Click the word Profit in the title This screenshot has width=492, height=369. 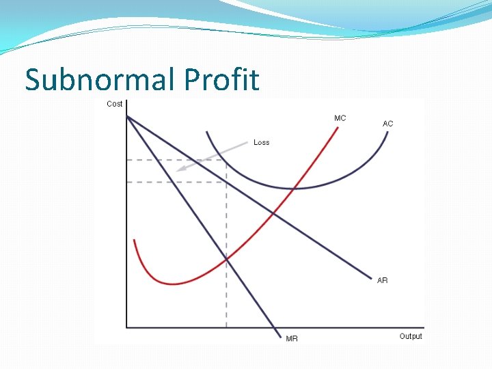point(221,80)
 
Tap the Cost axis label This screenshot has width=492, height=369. point(115,104)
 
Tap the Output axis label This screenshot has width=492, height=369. point(411,336)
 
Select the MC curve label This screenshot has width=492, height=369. point(340,118)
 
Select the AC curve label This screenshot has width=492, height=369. point(387,124)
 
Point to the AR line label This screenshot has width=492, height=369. point(382,280)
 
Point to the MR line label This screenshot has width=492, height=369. point(292,338)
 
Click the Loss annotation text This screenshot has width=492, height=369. point(261,142)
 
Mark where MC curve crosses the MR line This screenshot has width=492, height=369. point(226,258)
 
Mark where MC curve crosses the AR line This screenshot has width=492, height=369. point(273,213)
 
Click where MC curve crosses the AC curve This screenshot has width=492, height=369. point(294,188)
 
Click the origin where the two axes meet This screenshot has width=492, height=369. point(127,327)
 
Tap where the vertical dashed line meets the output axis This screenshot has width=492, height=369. point(226,327)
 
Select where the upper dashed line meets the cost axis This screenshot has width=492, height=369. point(127,160)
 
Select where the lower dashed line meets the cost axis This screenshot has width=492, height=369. point(127,182)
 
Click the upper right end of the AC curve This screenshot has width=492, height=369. point(387,132)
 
